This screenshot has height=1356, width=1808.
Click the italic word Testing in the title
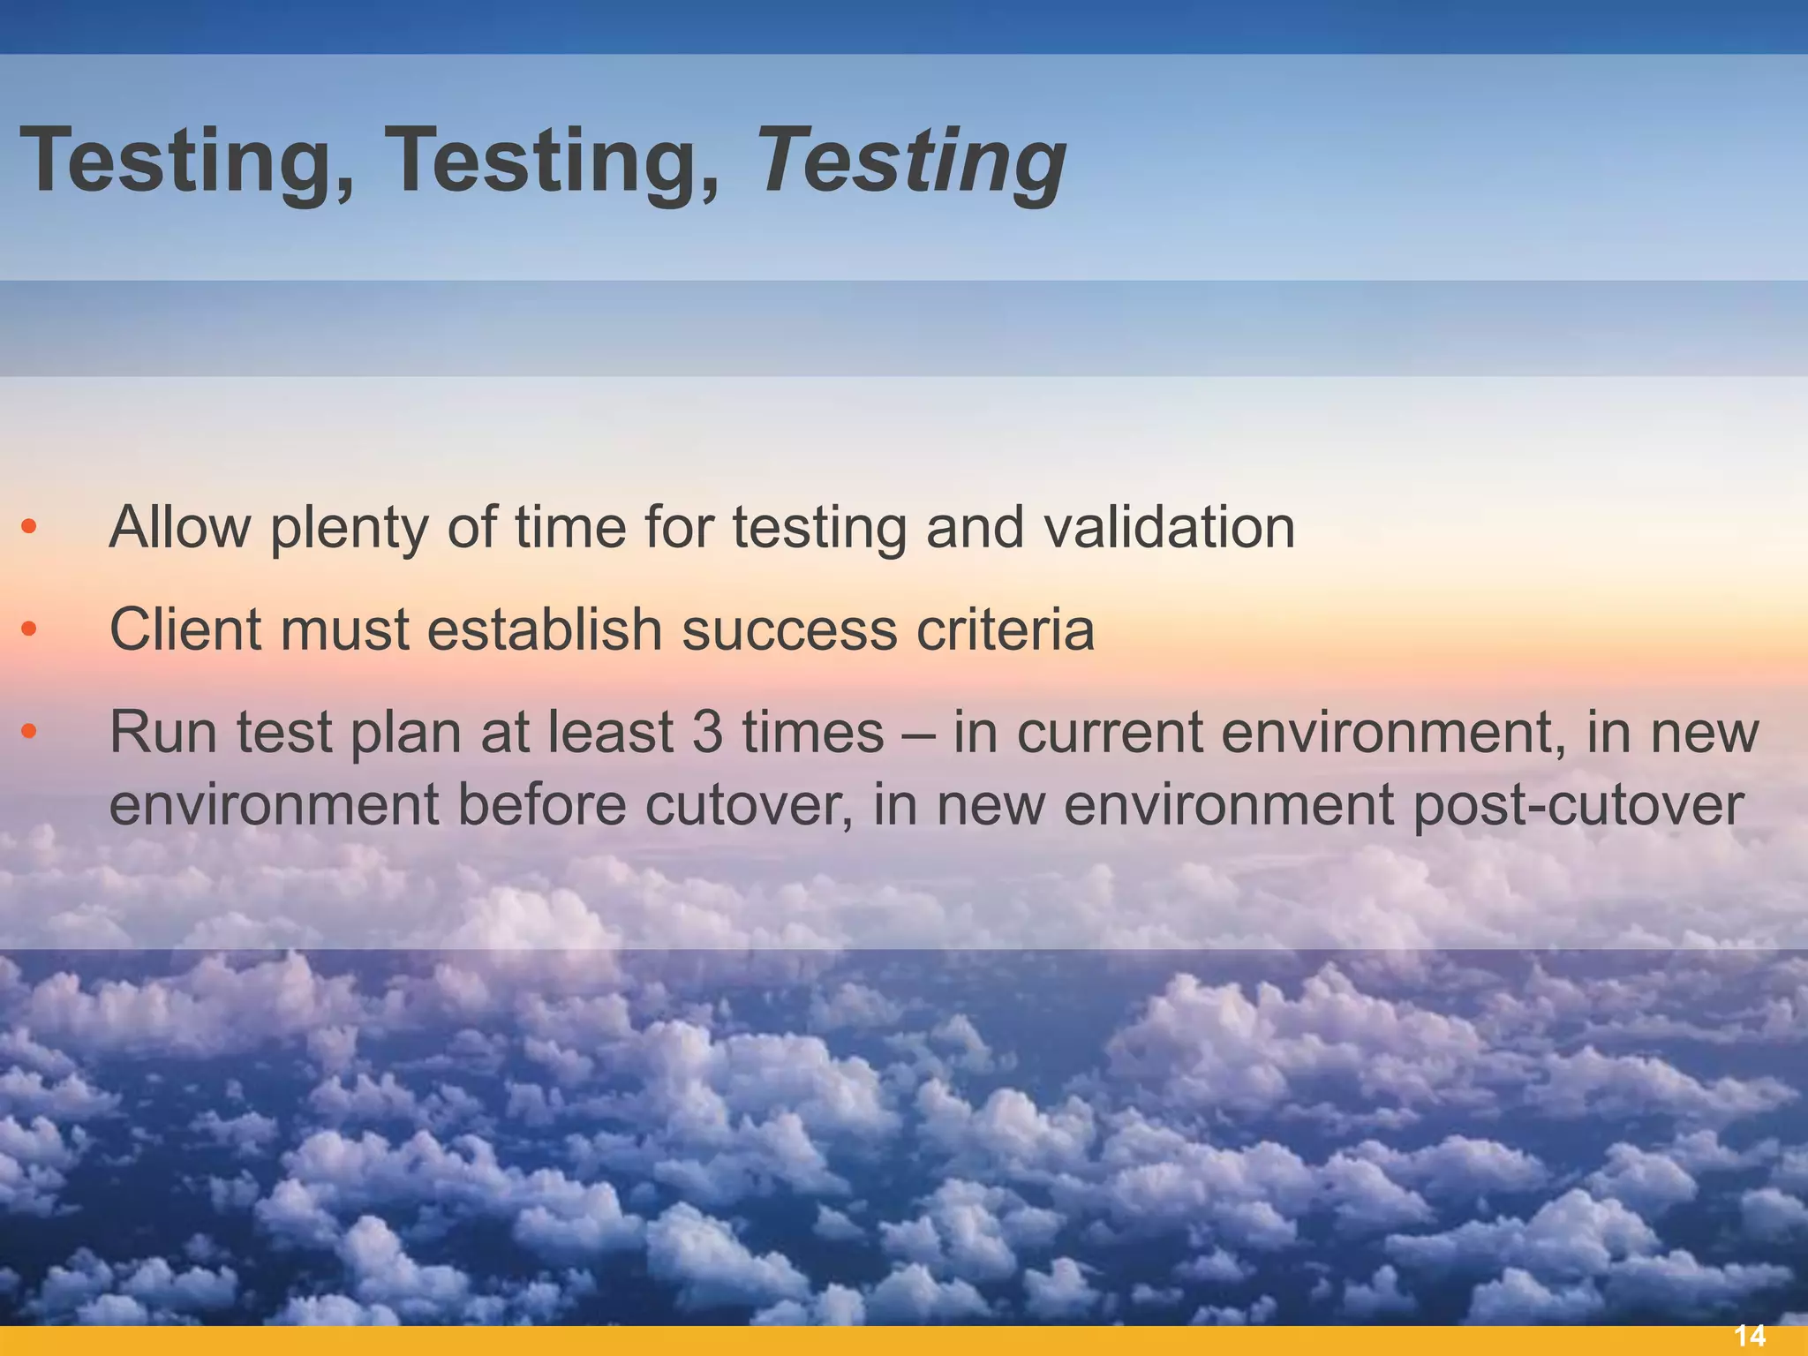pyautogui.click(x=912, y=161)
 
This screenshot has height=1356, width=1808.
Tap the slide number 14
pyautogui.click(x=1750, y=1336)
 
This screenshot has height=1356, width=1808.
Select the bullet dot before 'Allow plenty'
pyautogui.click(x=29, y=527)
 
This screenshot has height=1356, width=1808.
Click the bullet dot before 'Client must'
pyautogui.click(x=29, y=629)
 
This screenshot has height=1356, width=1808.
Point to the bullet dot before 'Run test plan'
pyautogui.click(x=29, y=732)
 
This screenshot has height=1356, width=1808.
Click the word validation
pyautogui.click(x=1169, y=527)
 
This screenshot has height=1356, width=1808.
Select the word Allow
pyautogui.click(x=179, y=527)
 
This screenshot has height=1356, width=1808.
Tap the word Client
pyautogui.click(x=185, y=629)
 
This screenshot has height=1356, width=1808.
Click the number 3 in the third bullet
pyautogui.click(x=706, y=732)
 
